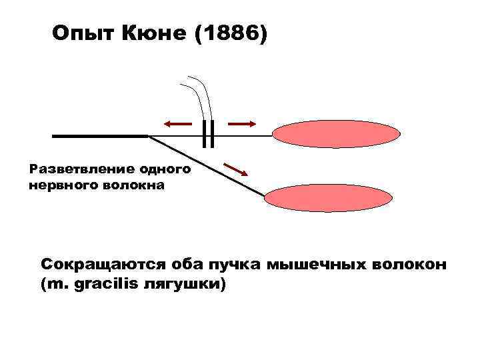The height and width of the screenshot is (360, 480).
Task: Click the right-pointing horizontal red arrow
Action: pos(242,124)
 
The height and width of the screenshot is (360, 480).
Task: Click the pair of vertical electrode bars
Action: pos(209,133)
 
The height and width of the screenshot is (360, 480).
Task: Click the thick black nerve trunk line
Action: pos(100,135)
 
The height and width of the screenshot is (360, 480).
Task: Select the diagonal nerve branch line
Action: pos(207,166)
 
